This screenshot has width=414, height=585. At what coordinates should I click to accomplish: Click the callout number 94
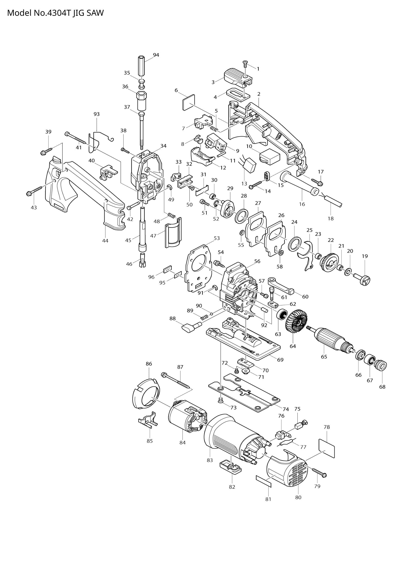click(156, 55)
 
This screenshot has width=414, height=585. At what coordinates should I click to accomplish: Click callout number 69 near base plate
click(280, 360)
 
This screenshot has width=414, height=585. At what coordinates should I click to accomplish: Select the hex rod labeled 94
click(142, 65)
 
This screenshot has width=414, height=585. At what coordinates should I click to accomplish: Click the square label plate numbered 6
click(189, 103)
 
